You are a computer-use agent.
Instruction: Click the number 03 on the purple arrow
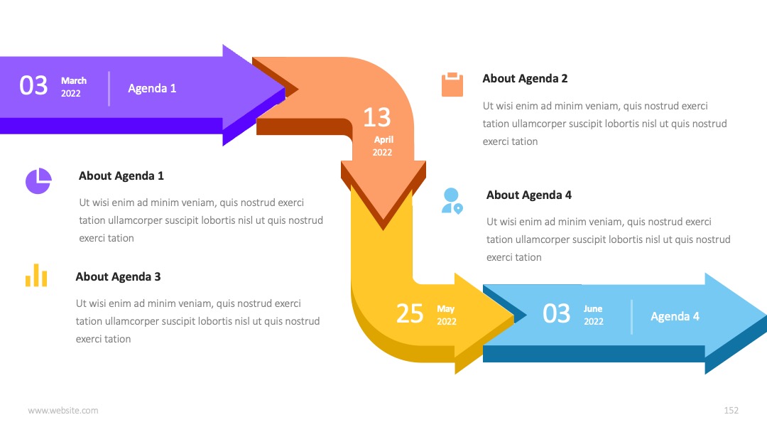(33, 85)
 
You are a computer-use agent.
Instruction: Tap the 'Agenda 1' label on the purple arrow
(152, 88)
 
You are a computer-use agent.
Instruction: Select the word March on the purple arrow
(74, 81)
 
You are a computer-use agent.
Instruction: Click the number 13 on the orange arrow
(376, 117)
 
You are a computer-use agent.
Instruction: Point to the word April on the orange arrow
(383, 139)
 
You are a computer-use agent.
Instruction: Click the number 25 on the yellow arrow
(410, 313)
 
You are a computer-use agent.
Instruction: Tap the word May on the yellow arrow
(445, 308)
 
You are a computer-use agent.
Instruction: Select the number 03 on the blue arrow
(556, 313)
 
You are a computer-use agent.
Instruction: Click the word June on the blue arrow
(593, 308)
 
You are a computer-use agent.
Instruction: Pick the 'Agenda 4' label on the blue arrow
(675, 316)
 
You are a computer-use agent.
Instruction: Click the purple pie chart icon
(38, 181)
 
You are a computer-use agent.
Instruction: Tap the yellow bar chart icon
(36, 275)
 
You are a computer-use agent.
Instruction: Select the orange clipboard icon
(452, 85)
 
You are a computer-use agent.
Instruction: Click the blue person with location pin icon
(452, 201)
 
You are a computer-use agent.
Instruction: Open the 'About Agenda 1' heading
(121, 175)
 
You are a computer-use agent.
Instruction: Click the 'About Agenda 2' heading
(525, 78)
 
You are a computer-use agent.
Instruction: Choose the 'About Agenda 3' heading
(118, 276)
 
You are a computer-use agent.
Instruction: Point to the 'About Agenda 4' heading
(529, 195)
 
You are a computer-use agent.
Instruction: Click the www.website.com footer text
(63, 411)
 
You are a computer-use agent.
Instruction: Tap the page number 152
(731, 411)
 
